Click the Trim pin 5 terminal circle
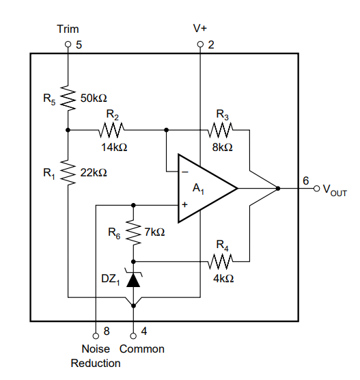(x=68, y=44)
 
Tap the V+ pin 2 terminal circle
(x=200, y=44)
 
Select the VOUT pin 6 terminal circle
(x=317, y=189)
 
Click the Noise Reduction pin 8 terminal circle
(x=96, y=336)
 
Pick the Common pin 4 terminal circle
(x=133, y=336)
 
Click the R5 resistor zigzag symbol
(x=68, y=98)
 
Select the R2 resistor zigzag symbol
(x=111, y=130)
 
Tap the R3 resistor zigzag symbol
(x=221, y=130)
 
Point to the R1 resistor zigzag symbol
(x=68, y=172)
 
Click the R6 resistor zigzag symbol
(x=133, y=232)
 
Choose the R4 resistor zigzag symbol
(x=221, y=262)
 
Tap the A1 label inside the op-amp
(x=198, y=189)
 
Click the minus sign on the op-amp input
(x=185, y=172)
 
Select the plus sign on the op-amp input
(x=185, y=205)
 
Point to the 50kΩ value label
(x=94, y=98)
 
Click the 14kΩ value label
(x=114, y=148)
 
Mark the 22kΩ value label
(x=94, y=173)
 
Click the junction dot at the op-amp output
(x=278, y=189)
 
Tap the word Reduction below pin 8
(x=96, y=364)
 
